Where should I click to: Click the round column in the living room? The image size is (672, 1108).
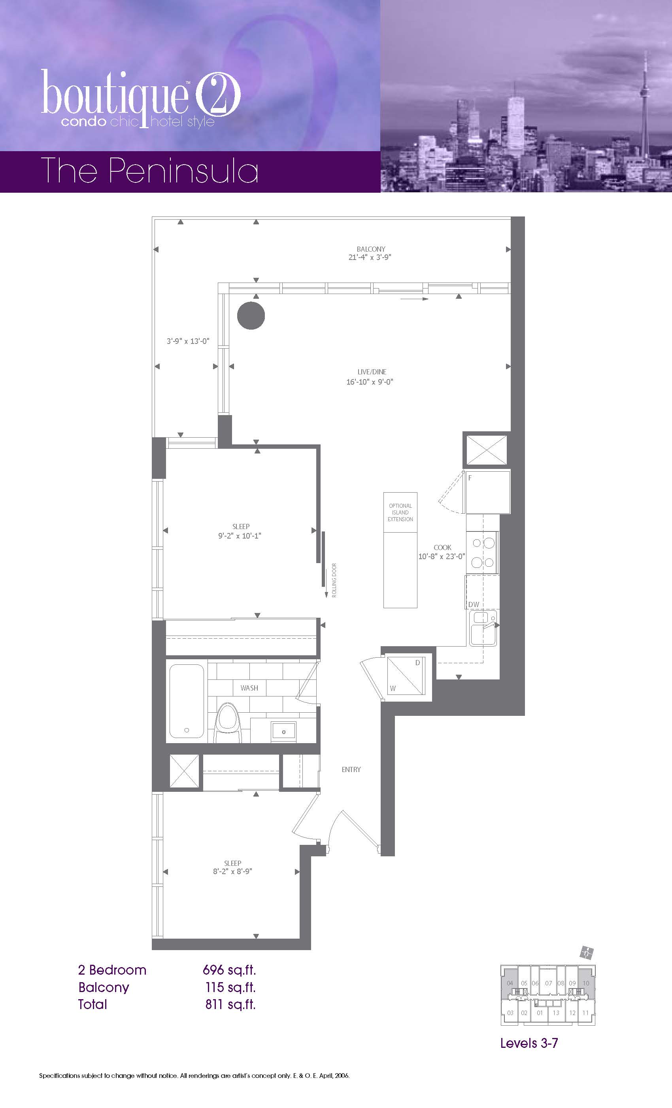pyautogui.click(x=251, y=315)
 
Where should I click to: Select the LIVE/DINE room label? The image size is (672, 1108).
pyautogui.click(x=372, y=372)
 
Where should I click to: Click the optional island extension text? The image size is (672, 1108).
pyautogui.click(x=400, y=512)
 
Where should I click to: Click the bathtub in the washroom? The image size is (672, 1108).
pyautogui.click(x=187, y=701)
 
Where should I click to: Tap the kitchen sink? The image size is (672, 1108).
pyautogui.click(x=483, y=628)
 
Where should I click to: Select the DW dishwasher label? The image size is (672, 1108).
pyautogui.click(x=474, y=604)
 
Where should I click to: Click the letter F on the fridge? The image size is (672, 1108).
pyautogui.click(x=470, y=478)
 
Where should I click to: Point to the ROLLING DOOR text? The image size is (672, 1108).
pyautogui.click(x=334, y=580)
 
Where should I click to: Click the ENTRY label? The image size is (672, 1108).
pyautogui.click(x=351, y=769)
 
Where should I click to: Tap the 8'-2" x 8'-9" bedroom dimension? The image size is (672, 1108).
pyautogui.click(x=233, y=871)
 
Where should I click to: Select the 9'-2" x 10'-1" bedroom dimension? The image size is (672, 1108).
pyautogui.click(x=240, y=535)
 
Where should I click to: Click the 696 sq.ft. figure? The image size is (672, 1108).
pyautogui.click(x=230, y=970)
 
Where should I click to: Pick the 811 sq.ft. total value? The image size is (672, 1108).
pyautogui.click(x=230, y=1004)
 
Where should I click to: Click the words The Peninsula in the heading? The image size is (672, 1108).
pyautogui.click(x=149, y=171)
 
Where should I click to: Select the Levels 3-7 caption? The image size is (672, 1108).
pyautogui.click(x=529, y=1043)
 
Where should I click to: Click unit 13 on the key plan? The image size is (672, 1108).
pyautogui.click(x=556, y=1022)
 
